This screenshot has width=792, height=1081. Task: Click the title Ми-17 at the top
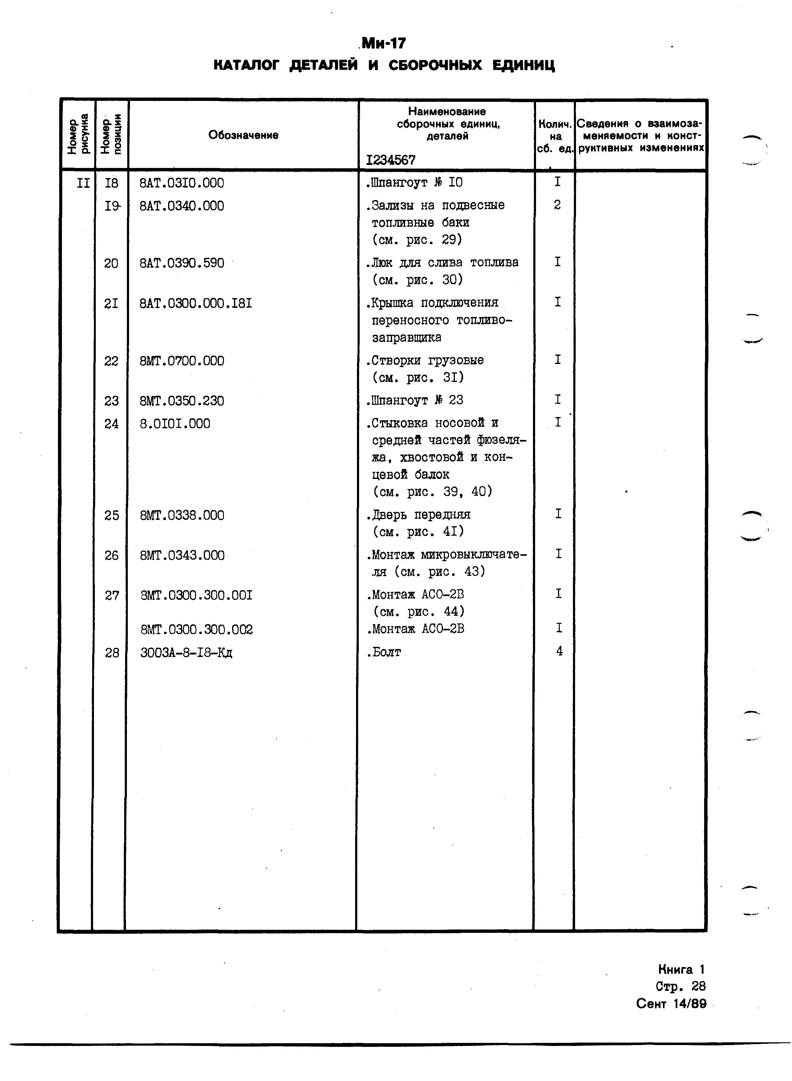(383, 44)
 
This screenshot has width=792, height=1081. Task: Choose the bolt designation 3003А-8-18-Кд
(186, 653)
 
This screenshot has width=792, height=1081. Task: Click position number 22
(111, 361)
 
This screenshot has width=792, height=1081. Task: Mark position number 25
(112, 516)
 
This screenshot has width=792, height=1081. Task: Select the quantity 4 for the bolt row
(559, 651)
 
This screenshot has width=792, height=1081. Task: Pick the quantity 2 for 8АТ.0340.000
(557, 205)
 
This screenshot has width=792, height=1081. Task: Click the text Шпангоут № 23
(416, 400)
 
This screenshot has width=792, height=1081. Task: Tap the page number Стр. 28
(680, 986)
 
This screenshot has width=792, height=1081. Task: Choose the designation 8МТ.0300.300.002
(196, 629)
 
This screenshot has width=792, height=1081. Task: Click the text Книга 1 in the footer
(681, 969)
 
